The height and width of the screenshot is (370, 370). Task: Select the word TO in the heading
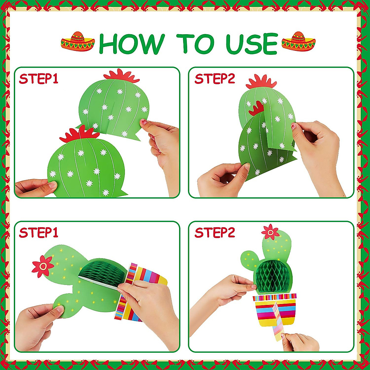tap(195, 43)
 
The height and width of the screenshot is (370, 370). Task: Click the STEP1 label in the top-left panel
tap(39, 79)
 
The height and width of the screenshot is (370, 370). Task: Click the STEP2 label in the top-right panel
tap(215, 79)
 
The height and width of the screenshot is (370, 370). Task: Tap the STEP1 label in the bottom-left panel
tap(39, 232)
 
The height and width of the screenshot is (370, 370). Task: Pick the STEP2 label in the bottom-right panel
tap(215, 232)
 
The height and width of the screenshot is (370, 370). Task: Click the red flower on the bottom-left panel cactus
tap(43, 266)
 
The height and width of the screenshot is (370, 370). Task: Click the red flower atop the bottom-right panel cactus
tap(270, 232)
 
